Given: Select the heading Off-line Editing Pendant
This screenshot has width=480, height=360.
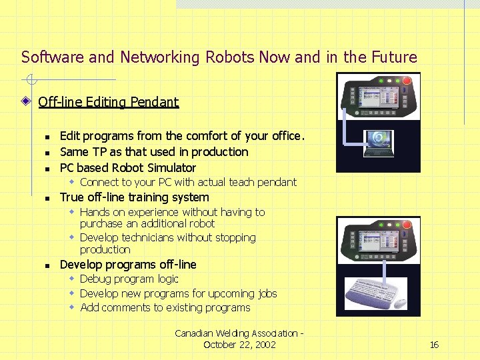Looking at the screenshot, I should point(108,102).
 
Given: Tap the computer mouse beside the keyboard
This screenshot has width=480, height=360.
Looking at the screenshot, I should point(400,303).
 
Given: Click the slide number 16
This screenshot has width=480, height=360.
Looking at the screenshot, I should point(434,345).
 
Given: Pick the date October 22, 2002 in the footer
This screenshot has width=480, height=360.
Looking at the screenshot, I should point(239,345).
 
